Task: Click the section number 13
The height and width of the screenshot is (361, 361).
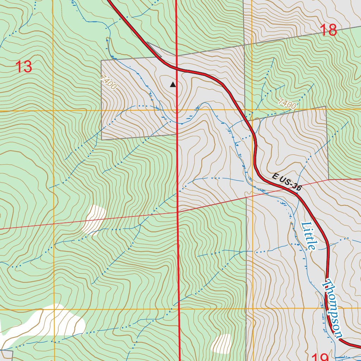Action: (x=24, y=66)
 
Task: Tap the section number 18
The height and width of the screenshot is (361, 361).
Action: (x=329, y=30)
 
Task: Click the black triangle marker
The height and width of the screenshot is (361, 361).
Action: (x=173, y=85)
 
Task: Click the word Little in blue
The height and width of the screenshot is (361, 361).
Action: (x=309, y=235)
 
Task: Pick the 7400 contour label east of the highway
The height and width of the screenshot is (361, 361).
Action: (x=287, y=104)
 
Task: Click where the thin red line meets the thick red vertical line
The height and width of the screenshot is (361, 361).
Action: (x=177, y=212)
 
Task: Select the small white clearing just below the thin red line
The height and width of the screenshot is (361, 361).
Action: (x=94, y=220)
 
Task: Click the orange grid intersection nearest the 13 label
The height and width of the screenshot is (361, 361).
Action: (x=53, y=111)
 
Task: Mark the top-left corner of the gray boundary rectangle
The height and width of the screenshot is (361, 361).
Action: (x=101, y=61)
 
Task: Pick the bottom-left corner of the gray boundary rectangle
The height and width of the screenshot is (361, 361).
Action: (x=102, y=140)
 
